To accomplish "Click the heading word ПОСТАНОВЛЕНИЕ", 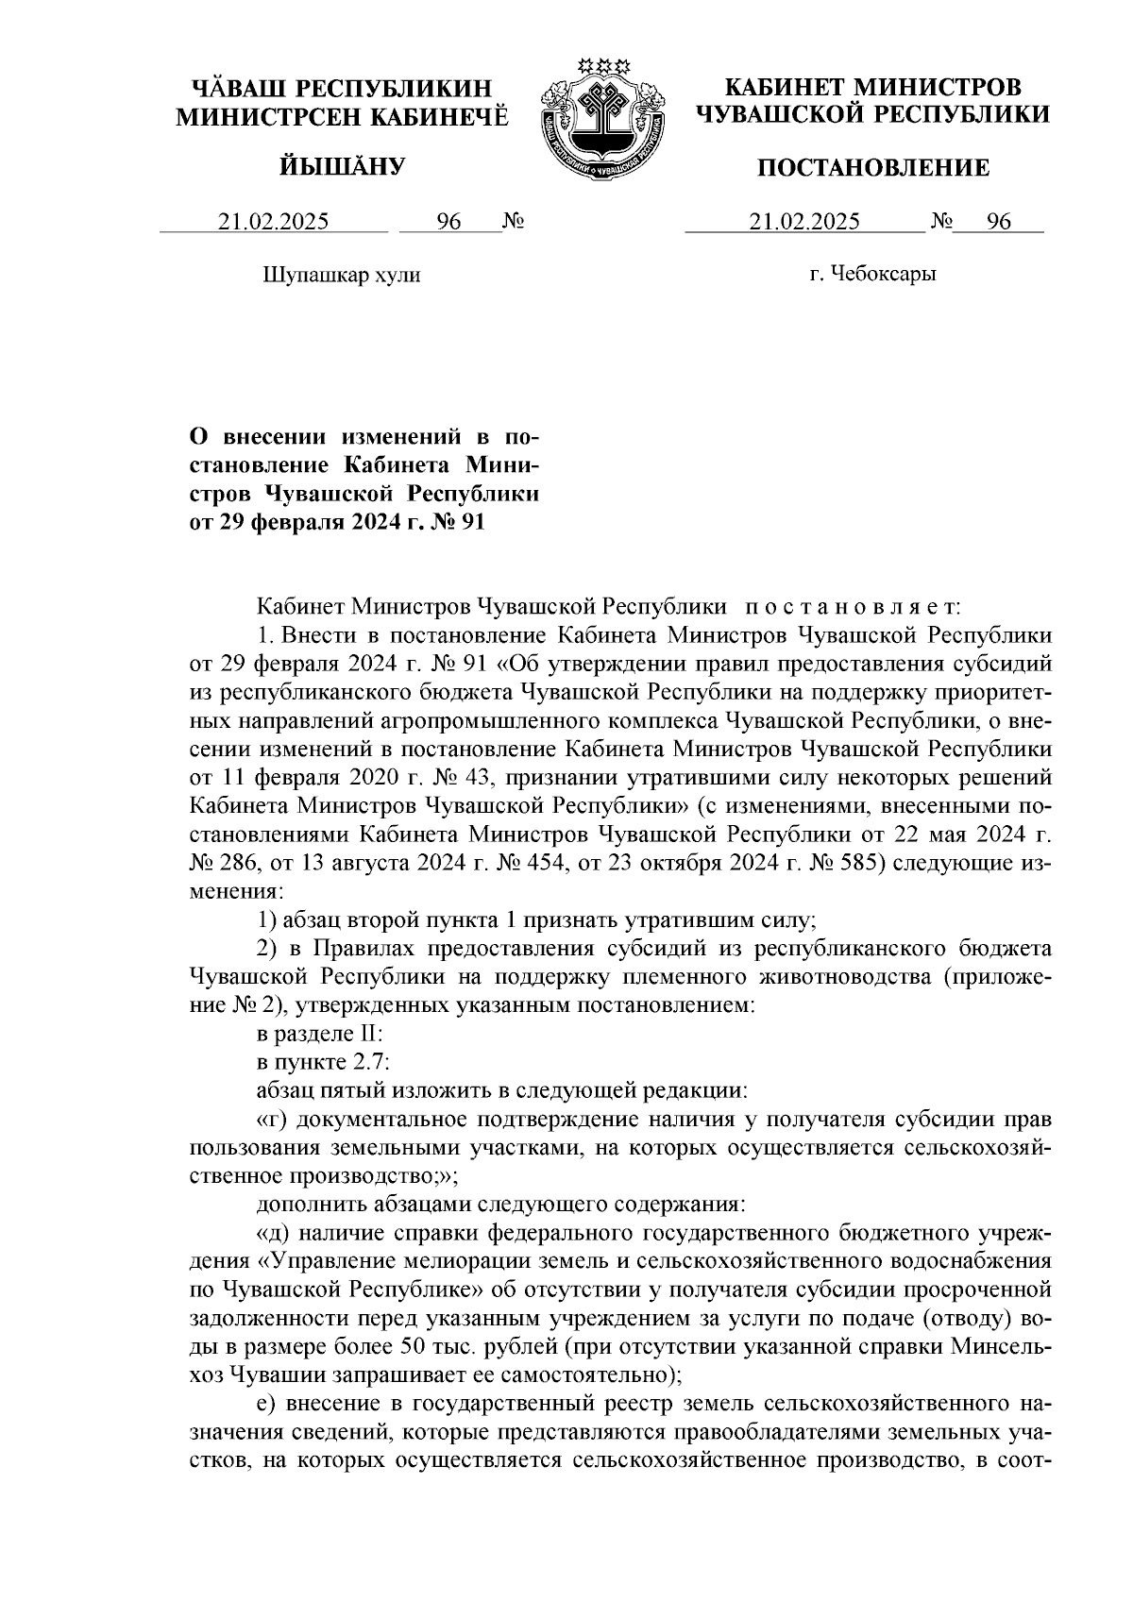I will [873, 169].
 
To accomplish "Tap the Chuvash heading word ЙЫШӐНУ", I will [342, 168].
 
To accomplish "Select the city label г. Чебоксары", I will [872, 275].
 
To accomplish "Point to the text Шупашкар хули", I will [340, 276].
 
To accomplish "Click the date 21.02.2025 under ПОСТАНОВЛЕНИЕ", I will [804, 222].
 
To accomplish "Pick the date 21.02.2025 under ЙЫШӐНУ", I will [274, 222].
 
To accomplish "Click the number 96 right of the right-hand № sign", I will [998, 222].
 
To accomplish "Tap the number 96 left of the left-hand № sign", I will [448, 222].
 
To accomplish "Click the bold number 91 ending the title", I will [471, 521].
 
